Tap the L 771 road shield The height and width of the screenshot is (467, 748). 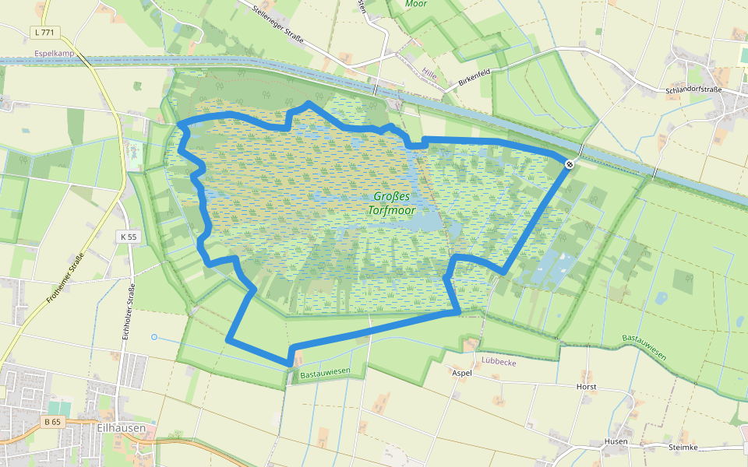pos(46,32)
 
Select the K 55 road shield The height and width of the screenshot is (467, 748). pos(129,237)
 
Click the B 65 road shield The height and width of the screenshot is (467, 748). pos(52,422)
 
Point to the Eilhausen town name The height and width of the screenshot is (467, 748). pos(117,427)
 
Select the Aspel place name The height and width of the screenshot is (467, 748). pos(462,374)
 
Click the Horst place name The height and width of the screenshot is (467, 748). pos(586,387)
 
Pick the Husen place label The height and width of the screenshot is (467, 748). pos(616,441)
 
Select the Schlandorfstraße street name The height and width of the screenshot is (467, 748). pos(694,90)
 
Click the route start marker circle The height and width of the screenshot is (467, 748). pos(570,163)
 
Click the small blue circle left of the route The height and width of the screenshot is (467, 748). pos(154,337)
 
